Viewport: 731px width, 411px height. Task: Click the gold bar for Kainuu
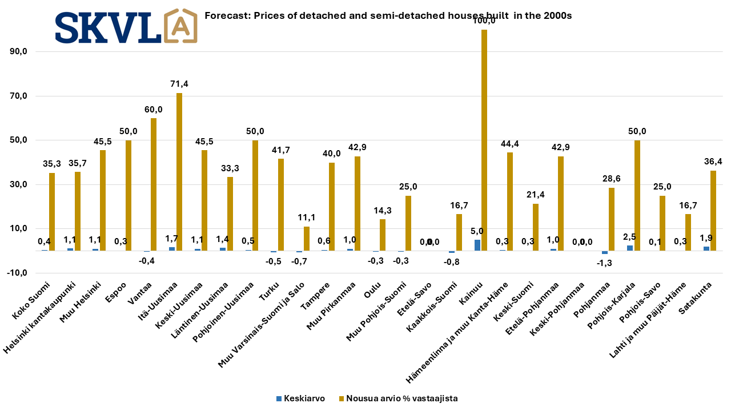point(484,140)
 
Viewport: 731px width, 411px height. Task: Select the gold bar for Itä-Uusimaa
point(179,171)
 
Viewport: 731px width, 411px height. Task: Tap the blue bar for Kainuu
point(477,245)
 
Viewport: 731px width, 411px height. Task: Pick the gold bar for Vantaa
point(154,184)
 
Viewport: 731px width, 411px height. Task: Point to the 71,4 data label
point(179,84)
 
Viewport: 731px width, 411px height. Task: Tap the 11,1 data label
point(306,217)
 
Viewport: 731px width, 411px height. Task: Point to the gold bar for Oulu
point(383,235)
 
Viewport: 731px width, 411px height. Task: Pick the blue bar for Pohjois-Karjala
point(630,248)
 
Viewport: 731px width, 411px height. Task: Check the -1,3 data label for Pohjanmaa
point(604,263)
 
